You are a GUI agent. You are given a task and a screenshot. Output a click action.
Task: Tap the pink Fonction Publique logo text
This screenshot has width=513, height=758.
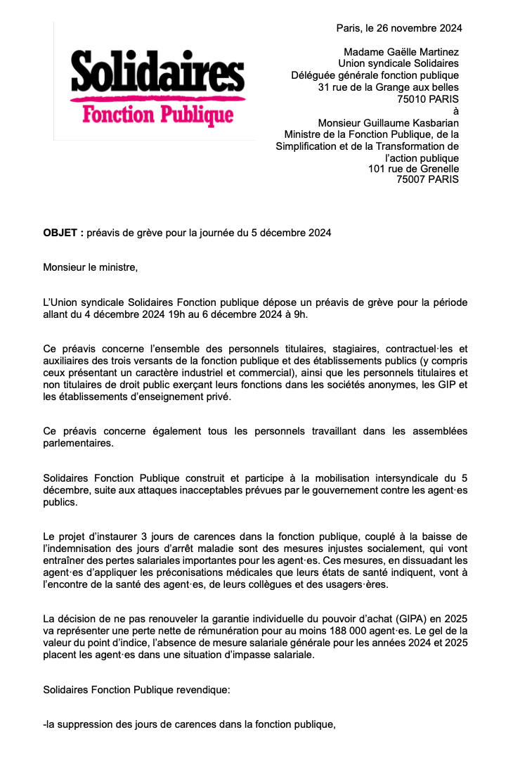157,114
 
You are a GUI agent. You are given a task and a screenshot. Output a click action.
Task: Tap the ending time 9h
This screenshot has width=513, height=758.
300,314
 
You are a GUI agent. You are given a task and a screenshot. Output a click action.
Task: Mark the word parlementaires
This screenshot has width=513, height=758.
79,443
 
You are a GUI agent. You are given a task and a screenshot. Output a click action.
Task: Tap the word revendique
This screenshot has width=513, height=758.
202,689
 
